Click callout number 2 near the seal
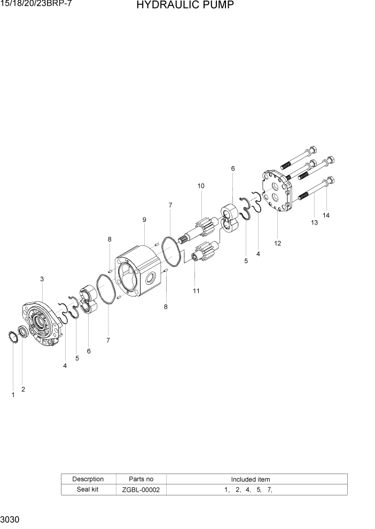point(23,389)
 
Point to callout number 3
point(42,279)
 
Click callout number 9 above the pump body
point(144,220)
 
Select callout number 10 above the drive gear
point(201,186)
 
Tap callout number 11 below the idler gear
point(196,291)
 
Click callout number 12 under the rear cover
point(278,243)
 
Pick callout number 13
point(314,222)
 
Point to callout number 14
point(326,215)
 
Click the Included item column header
point(251,479)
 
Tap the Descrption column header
point(88,479)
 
